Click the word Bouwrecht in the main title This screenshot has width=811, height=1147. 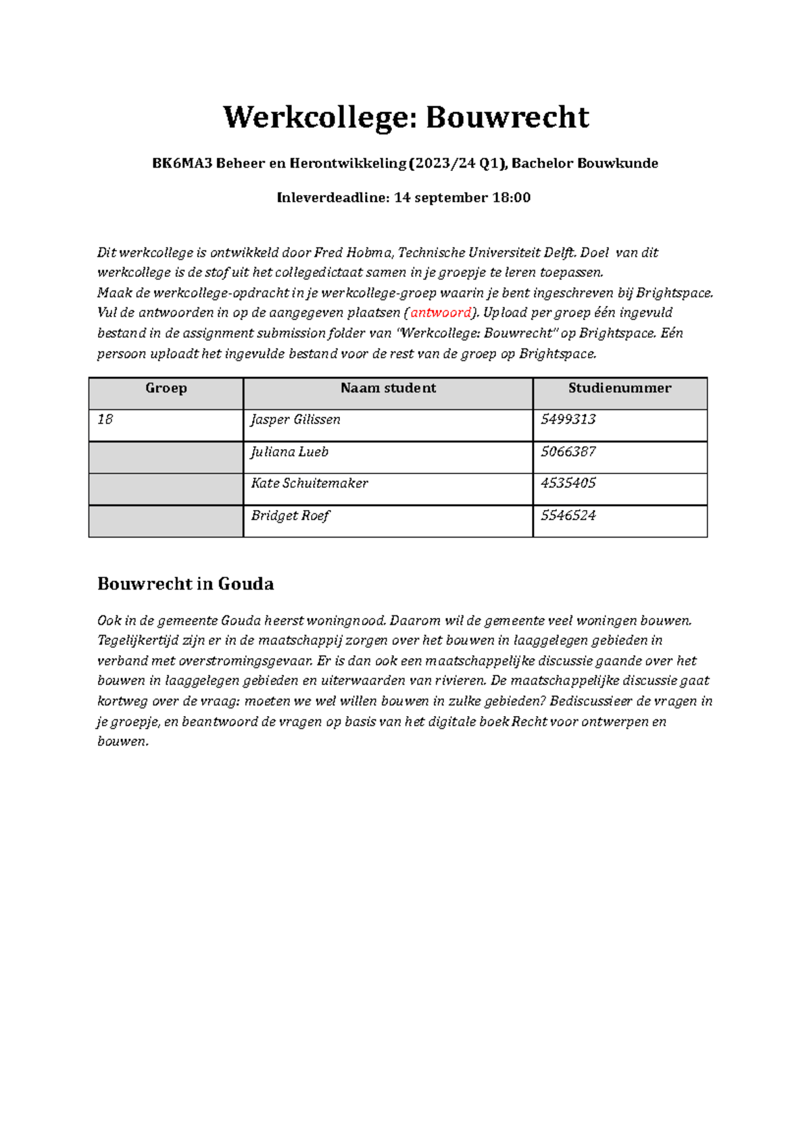pyautogui.click(x=507, y=118)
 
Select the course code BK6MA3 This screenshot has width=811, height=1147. pyautogui.click(x=182, y=163)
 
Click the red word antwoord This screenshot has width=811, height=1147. pyautogui.click(x=441, y=313)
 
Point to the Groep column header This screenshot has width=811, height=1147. pyautogui.click(x=166, y=388)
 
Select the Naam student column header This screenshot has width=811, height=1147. pyautogui.click(x=388, y=388)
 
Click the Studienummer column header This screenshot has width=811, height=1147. pyautogui.click(x=619, y=388)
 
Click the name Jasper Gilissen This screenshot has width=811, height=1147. pyautogui.click(x=295, y=420)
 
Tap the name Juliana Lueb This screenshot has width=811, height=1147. pyautogui.click(x=289, y=452)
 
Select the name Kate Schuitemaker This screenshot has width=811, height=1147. pyautogui.click(x=309, y=484)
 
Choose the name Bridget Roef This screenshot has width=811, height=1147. pyautogui.click(x=290, y=516)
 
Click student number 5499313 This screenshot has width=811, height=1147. pyautogui.click(x=568, y=420)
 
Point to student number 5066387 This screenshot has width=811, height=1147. pyautogui.click(x=568, y=452)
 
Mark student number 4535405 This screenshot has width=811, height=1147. pyautogui.click(x=568, y=484)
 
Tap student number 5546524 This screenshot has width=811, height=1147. pyautogui.click(x=568, y=516)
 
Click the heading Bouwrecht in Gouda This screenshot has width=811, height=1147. pyautogui.click(x=185, y=584)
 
